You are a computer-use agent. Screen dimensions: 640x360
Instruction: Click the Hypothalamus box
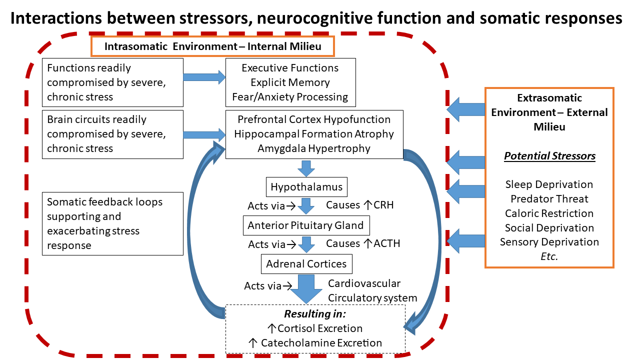306,187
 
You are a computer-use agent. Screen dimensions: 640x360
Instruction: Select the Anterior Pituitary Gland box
306,225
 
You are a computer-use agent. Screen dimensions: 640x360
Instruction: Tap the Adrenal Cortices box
306,264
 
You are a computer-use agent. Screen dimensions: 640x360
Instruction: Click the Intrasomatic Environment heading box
212,46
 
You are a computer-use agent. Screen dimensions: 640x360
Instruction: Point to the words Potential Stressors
549,156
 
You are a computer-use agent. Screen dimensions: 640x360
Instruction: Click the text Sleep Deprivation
549,184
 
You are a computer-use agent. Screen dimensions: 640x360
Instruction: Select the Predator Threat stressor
549,199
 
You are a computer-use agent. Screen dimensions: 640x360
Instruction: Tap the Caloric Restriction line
549,213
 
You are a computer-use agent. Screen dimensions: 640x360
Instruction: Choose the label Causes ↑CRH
359,205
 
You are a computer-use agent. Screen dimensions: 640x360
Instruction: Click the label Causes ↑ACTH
363,243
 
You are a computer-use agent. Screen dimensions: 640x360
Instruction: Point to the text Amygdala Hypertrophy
313,148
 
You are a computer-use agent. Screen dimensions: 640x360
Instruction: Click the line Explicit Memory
290,82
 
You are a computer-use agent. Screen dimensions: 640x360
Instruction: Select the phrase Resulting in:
315,314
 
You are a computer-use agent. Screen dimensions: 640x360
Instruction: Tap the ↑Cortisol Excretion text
315,328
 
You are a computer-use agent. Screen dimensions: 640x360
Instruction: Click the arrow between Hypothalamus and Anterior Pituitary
306,206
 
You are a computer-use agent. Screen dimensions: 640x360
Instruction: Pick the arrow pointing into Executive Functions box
204,77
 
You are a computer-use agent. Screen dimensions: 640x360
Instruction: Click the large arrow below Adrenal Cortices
306,289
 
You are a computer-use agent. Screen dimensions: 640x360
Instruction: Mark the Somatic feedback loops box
112,223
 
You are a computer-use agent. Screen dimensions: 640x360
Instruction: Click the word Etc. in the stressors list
549,256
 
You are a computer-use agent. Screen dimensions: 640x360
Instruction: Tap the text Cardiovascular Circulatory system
372,290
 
